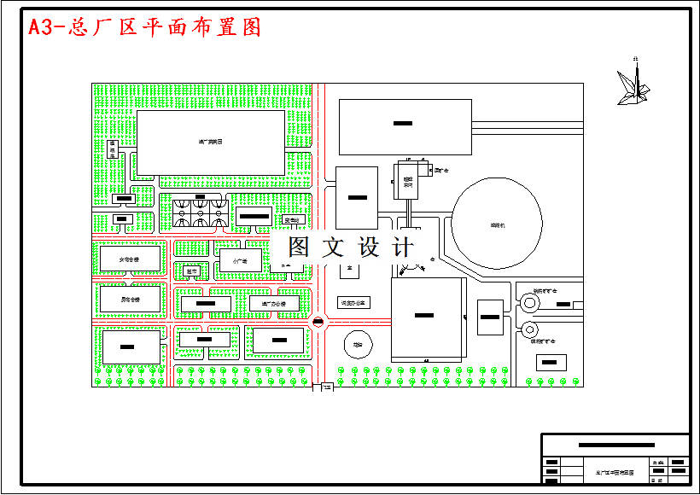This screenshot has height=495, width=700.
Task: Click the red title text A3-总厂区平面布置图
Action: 145,27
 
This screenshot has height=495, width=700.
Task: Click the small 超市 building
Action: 192,272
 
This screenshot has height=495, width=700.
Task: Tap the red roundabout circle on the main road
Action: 318,322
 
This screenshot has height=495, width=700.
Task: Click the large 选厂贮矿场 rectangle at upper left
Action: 211,143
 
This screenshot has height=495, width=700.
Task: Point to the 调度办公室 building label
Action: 353,303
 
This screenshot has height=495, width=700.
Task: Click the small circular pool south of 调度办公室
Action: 358,345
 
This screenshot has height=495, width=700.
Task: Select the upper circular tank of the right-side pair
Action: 529,301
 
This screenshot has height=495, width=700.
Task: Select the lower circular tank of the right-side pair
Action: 529,329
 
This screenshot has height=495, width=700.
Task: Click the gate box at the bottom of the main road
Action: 324,388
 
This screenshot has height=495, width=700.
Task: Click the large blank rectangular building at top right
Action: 405,126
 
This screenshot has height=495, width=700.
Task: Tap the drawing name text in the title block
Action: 615,471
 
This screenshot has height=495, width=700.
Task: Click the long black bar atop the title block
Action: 616,445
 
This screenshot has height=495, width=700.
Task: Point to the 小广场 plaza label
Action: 242,260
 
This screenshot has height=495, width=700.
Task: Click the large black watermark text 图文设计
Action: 351,247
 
